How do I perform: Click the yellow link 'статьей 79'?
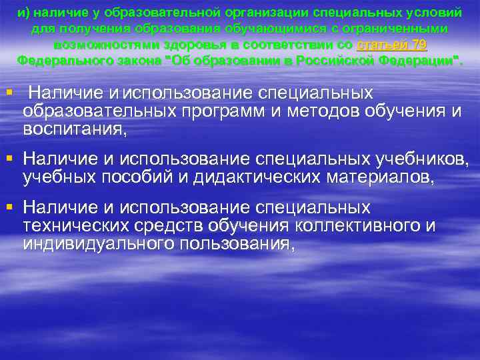tap(392, 45)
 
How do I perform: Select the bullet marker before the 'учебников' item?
tap(9, 159)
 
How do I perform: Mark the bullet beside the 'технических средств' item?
tap(9, 208)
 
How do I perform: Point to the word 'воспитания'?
tap(73, 128)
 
